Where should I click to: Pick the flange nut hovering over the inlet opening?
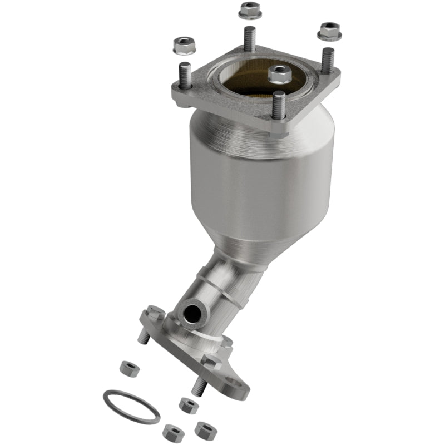click(276, 73)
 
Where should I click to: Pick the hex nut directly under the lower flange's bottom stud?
click(188, 404)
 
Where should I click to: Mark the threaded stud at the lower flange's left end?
click(144, 337)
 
